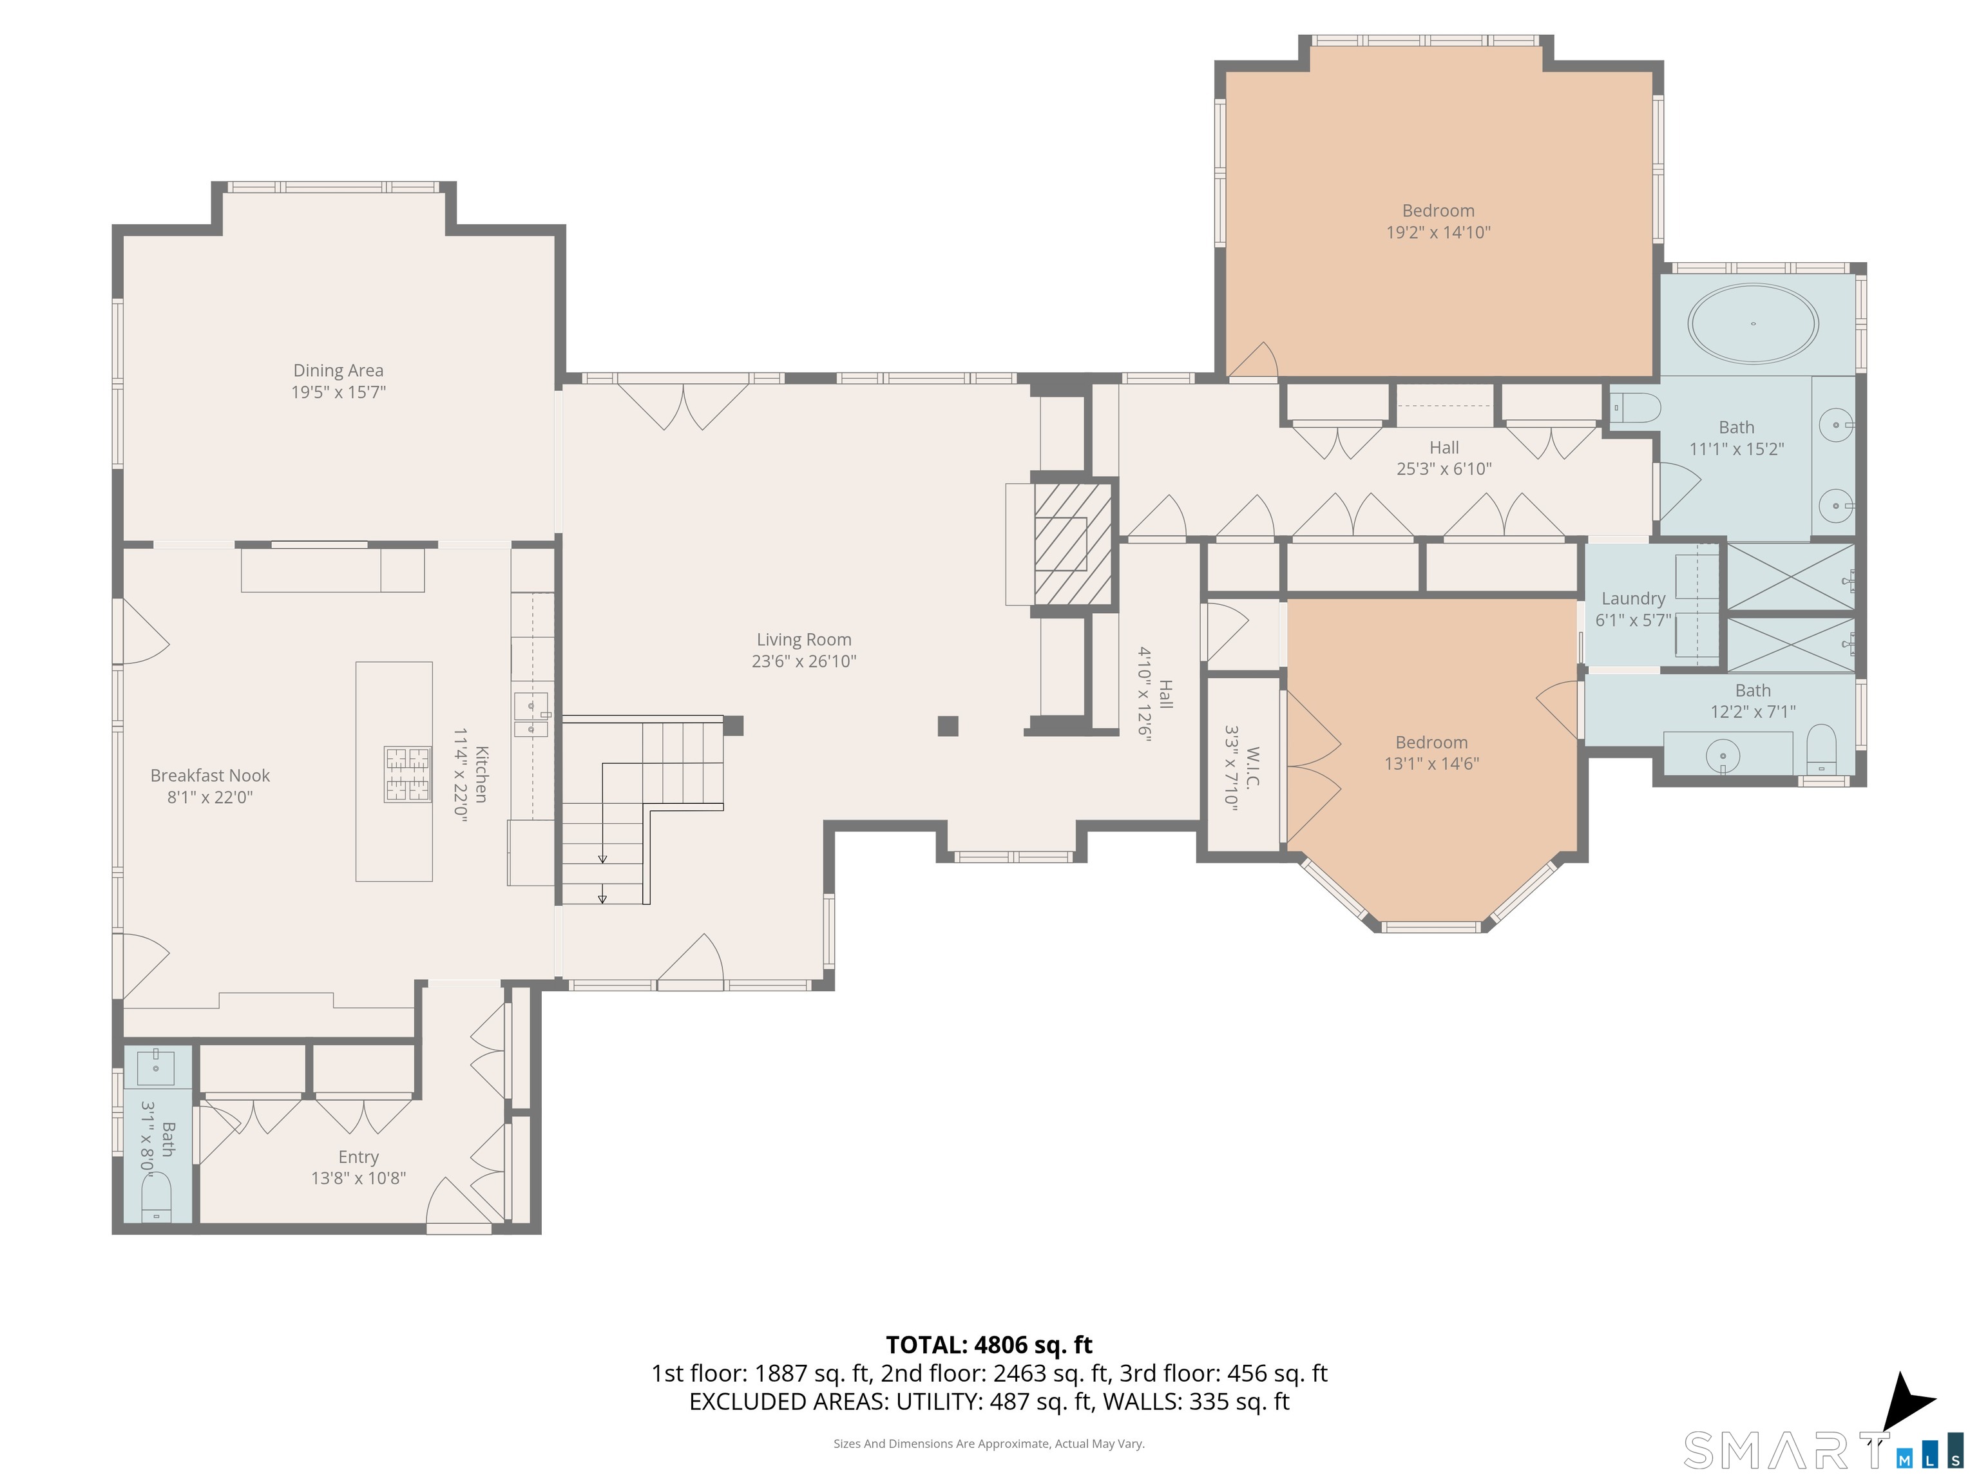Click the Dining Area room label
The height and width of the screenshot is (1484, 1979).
tap(338, 370)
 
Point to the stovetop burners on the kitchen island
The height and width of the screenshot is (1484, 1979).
tap(408, 774)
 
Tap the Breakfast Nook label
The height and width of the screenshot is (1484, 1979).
tap(210, 775)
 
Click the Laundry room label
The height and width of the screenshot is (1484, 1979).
tap(1633, 598)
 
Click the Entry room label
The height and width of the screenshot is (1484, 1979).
tap(358, 1157)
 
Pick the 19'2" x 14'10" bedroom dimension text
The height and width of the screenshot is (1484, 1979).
tap(1438, 233)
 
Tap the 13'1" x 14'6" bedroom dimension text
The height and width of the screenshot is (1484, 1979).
tap(1431, 764)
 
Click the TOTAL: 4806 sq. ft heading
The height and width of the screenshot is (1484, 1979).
tap(989, 1344)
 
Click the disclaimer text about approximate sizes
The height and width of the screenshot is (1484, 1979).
tap(989, 1443)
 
